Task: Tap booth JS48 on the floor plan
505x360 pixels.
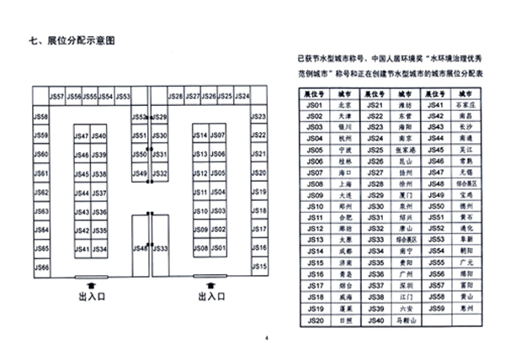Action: click(140, 248)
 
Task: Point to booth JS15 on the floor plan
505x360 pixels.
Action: click(259, 267)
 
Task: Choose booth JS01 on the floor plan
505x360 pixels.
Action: click(216, 249)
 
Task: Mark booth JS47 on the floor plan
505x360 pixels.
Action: click(81, 136)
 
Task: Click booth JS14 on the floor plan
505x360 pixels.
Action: click(200, 136)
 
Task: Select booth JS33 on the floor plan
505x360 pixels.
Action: click(160, 248)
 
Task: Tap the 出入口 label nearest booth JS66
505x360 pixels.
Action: click(90, 297)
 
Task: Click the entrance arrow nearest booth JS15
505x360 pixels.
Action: click(210, 283)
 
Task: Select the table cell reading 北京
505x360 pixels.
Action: click(343, 104)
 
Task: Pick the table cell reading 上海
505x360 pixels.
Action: click(343, 183)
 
